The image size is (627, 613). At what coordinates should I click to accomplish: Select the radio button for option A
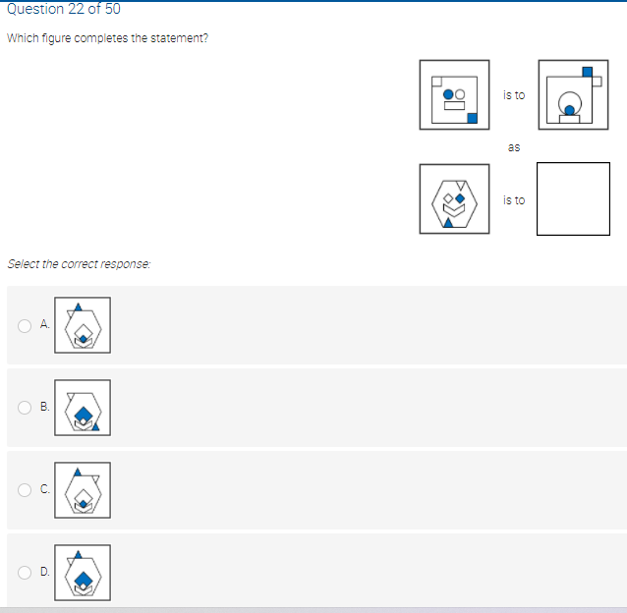(24, 326)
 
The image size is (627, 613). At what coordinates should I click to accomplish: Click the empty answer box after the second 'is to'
(573, 198)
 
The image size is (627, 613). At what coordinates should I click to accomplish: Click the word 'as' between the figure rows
(513, 147)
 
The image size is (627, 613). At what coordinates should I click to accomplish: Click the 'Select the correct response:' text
(79, 264)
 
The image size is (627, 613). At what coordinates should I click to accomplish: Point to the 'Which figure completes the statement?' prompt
(107, 38)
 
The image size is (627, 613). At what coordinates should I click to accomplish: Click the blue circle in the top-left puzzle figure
(449, 95)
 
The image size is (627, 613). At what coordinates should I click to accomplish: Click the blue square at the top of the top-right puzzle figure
(588, 71)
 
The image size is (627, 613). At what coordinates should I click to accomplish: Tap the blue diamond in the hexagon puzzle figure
(458, 195)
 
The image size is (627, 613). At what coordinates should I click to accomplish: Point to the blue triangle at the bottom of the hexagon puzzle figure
(448, 221)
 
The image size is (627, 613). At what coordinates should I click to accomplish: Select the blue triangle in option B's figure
(96, 426)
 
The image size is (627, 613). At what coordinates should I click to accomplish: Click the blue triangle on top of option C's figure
(78, 472)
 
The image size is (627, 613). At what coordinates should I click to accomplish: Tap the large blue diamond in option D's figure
(85, 580)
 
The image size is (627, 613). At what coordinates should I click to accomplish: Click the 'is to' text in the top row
(513, 95)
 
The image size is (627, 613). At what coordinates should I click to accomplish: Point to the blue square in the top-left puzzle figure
(472, 119)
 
